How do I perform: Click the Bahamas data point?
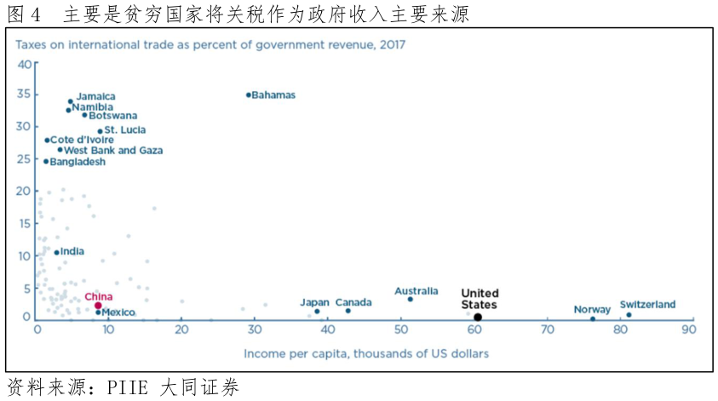(x=249, y=95)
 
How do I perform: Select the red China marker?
(x=98, y=306)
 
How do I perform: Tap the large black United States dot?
(x=478, y=318)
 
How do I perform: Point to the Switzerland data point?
(x=629, y=315)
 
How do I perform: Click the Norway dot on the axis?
(x=593, y=318)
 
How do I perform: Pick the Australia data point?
(x=410, y=299)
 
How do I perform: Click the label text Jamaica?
(x=95, y=97)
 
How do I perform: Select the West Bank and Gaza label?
(x=113, y=151)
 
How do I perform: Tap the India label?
(x=72, y=251)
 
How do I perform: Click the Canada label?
(x=353, y=302)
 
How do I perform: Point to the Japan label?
(x=314, y=302)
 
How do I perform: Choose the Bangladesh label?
(x=78, y=162)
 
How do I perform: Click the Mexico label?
(x=118, y=312)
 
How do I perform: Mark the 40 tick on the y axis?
(x=24, y=65)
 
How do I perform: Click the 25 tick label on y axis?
(x=24, y=158)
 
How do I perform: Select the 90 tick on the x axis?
(x=688, y=330)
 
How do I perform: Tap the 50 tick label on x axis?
(x=400, y=330)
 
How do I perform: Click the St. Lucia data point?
(x=100, y=131)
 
